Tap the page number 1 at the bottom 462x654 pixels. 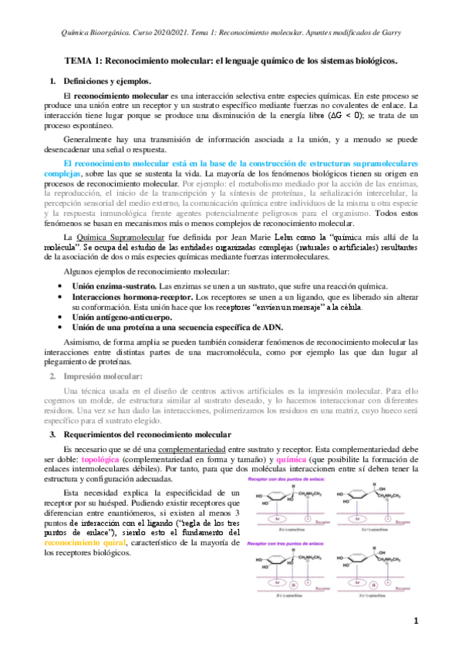click(x=415, y=620)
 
